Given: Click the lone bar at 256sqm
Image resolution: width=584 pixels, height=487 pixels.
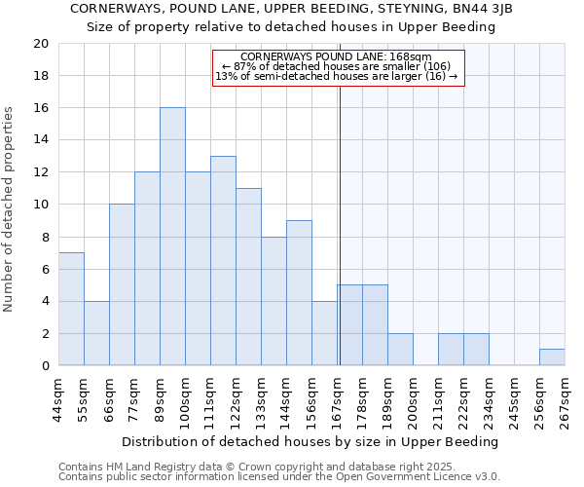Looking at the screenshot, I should [552, 356].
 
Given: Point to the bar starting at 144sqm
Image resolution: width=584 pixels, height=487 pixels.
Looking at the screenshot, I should [299, 293].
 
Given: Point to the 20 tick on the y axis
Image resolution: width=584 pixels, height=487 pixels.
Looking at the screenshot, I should [40, 44].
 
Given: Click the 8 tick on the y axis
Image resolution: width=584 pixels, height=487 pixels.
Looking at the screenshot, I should [45, 237].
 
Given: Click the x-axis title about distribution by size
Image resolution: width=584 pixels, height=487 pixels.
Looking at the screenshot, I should [311, 441].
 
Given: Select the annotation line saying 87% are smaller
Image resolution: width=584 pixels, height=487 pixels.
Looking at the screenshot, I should [337, 66].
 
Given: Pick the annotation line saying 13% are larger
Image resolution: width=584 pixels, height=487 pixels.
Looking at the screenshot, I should [337, 76].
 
